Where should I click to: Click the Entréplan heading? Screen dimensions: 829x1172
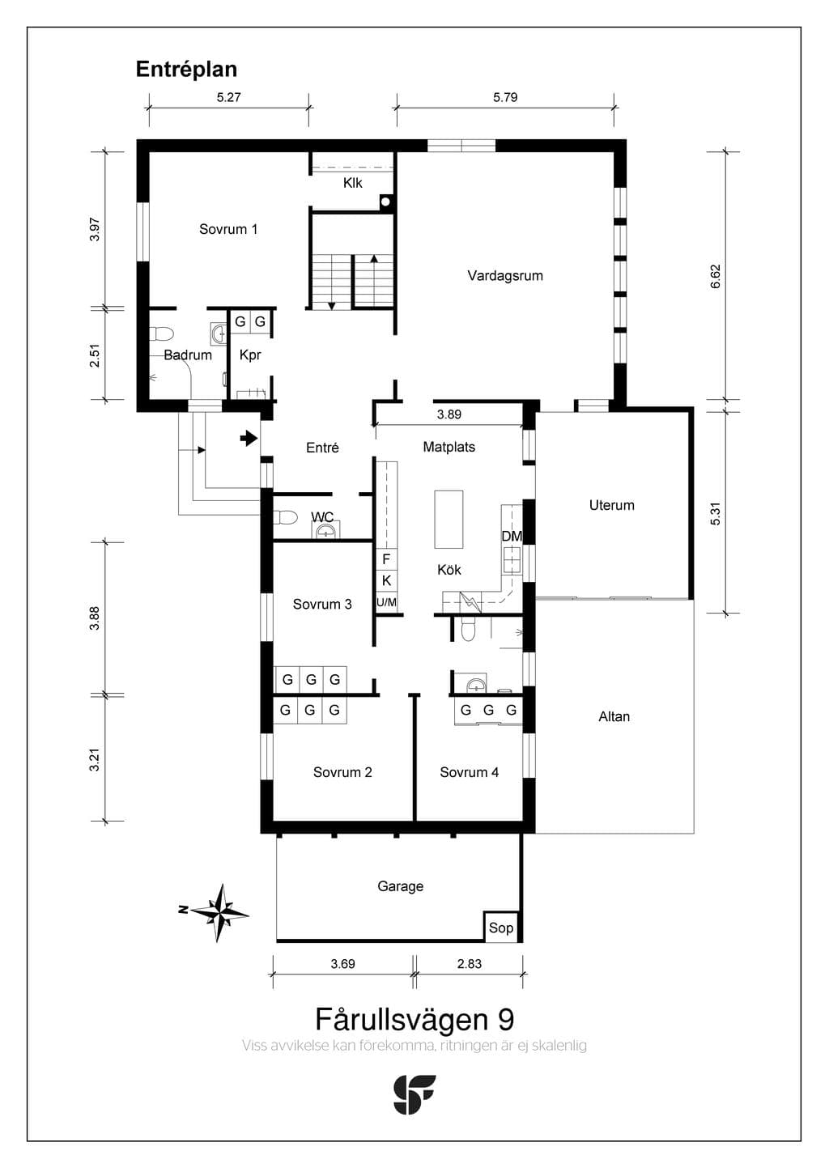186,70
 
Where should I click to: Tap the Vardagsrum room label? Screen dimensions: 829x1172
505,276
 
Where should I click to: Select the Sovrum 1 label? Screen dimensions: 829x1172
228,229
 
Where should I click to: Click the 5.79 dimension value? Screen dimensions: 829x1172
505,97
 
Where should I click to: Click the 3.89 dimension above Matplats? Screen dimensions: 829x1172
449,414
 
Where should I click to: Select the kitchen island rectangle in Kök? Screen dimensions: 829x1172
449,519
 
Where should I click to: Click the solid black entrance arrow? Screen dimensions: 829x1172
249,438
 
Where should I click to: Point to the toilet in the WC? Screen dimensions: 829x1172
285,517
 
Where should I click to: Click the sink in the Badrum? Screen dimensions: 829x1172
219,333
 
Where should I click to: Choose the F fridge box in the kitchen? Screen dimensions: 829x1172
386,559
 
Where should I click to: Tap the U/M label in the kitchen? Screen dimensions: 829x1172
386,602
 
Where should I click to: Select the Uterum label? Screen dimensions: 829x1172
611,505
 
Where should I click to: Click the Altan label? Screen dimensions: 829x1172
614,716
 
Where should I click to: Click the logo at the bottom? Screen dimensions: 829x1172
414,1094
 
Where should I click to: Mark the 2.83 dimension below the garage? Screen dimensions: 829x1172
469,964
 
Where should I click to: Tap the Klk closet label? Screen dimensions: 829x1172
353,183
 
